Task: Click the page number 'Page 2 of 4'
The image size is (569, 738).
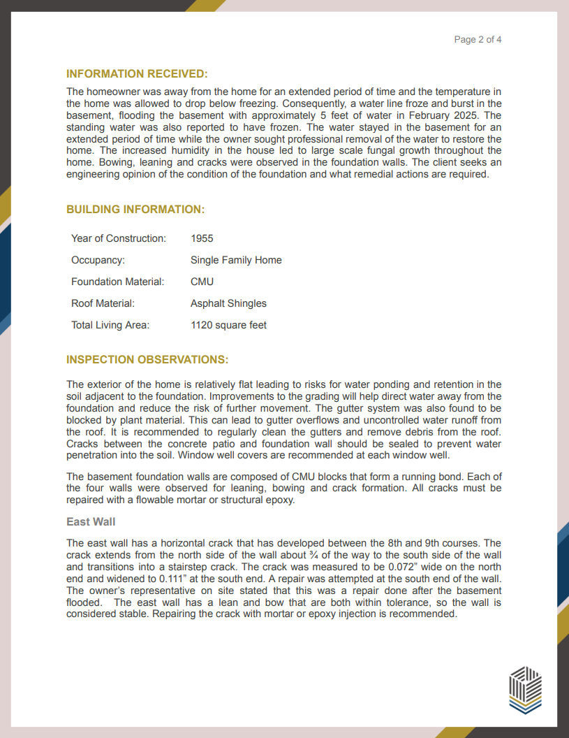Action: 478,40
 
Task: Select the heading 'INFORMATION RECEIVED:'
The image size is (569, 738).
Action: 137,74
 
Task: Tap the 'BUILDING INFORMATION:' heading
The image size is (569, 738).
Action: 135,210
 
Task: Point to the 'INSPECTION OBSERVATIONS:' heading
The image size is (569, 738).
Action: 147,360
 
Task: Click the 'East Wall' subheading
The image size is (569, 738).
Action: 91,522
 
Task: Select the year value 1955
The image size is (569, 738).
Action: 202,238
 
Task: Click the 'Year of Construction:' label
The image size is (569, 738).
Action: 119,238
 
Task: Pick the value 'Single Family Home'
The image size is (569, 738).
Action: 236,260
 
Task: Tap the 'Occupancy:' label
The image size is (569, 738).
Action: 98,260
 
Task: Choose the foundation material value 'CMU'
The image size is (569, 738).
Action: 202,282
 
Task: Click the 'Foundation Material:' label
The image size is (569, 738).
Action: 117,282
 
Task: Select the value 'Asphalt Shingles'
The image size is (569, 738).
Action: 228,303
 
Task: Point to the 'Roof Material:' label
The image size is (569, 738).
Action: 103,303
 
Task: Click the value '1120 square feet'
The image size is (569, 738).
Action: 228,325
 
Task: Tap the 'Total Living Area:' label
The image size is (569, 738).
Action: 110,325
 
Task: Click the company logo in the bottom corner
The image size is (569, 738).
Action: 525,690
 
